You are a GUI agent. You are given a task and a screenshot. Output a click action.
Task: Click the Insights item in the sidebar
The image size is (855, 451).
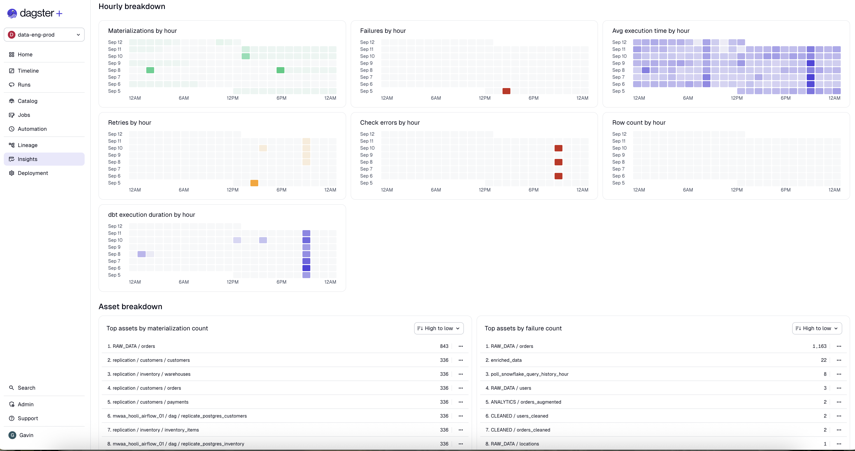click(x=27, y=159)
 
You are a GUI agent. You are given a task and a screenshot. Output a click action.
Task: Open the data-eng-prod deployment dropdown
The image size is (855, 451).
click(x=44, y=35)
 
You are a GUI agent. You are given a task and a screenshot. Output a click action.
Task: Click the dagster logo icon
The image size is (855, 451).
click(x=12, y=13)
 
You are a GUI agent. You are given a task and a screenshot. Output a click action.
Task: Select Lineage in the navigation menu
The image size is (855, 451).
click(x=27, y=145)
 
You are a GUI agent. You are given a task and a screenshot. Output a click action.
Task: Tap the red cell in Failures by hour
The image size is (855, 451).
click(x=506, y=91)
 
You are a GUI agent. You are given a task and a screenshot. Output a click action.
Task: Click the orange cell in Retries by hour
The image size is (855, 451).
click(x=254, y=183)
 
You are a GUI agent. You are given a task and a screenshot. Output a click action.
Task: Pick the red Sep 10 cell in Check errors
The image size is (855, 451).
click(x=558, y=148)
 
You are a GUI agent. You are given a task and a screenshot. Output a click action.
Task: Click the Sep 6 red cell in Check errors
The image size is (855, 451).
click(x=558, y=176)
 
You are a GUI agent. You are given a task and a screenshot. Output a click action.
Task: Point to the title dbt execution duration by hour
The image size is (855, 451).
click(x=151, y=214)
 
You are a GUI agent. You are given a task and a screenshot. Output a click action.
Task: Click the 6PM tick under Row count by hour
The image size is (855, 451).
click(x=785, y=190)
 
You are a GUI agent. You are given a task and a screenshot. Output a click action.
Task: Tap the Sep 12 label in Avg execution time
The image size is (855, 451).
click(x=619, y=42)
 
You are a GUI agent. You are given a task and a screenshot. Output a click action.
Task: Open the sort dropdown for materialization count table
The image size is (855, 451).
click(x=439, y=328)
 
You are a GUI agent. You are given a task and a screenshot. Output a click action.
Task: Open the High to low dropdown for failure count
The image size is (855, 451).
click(x=817, y=328)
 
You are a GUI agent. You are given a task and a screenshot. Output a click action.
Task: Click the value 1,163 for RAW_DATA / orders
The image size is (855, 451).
click(x=819, y=346)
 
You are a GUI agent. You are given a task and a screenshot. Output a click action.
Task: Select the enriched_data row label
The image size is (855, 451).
click(x=506, y=360)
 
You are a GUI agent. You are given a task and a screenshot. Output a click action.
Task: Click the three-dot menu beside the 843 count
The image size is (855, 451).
click(x=461, y=346)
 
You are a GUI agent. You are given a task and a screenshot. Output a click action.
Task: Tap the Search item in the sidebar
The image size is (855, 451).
click(x=26, y=388)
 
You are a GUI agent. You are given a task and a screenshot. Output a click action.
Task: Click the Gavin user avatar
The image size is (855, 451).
click(x=12, y=435)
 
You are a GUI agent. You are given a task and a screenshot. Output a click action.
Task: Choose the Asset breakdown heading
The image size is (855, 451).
click(x=130, y=306)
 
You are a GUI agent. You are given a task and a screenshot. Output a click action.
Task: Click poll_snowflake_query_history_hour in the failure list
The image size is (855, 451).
click(x=529, y=374)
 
